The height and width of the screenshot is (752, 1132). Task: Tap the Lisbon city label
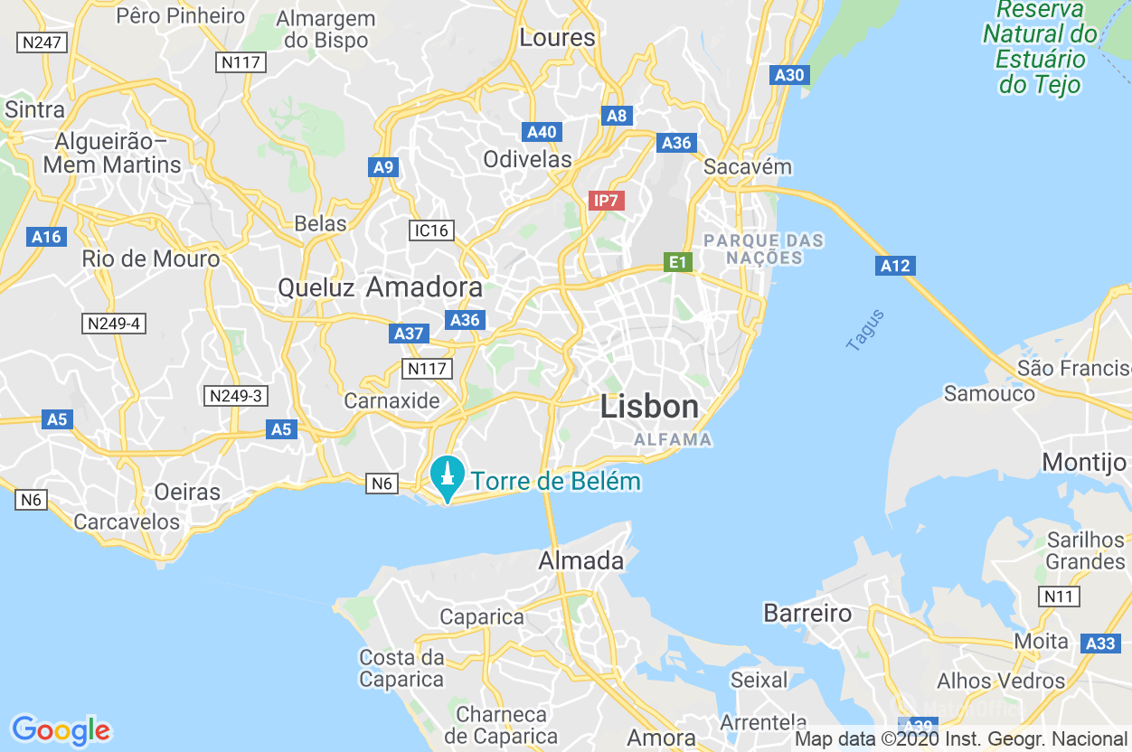pos(649,407)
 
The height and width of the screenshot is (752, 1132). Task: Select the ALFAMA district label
pos(673,440)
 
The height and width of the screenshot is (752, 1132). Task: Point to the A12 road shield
pos(895,266)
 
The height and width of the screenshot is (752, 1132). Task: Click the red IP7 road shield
pos(606,201)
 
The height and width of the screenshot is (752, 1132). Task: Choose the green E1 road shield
pos(677,263)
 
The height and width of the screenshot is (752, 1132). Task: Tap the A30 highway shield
pos(789,75)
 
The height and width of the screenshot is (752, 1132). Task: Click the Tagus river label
pos(865,330)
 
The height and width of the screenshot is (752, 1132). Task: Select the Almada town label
pos(580,560)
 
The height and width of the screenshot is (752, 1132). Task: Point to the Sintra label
pos(35,109)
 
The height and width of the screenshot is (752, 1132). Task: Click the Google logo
pos(61,729)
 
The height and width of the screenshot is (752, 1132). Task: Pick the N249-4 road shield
pos(113,324)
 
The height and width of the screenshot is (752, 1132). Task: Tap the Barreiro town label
pos(807,613)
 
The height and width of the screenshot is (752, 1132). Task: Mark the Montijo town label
pos(1083,462)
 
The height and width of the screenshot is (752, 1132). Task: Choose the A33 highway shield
pos(1100,644)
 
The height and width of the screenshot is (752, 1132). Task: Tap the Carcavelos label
pos(127,522)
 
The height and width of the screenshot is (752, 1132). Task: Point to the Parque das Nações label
pos(764,249)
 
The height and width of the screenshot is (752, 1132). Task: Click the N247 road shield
pos(42,42)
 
